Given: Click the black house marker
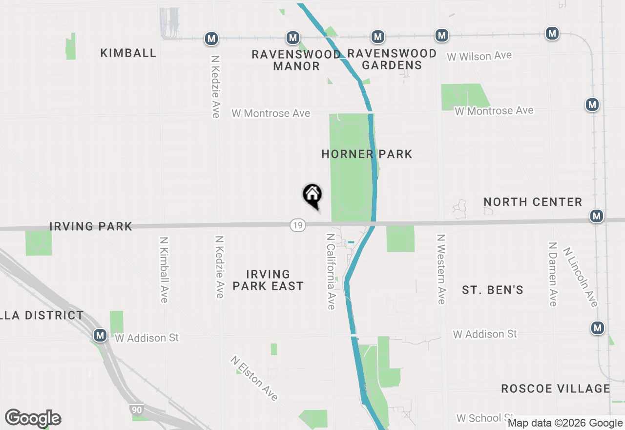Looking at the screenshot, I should pyautogui.click(x=312, y=195).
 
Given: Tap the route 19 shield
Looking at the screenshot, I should pyautogui.click(x=297, y=225).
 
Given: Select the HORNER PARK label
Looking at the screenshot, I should pyautogui.click(x=367, y=154).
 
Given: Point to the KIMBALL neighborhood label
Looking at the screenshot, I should pyautogui.click(x=128, y=53).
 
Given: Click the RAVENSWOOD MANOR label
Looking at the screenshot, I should pyautogui.click(x=296, y=60).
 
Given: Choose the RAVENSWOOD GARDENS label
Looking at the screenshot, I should pyautogui.click(x=392, y=59).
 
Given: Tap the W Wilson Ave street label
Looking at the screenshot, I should pyautogui.click(x=479, y=56).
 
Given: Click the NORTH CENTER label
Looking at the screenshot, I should pyautogui.click(x=533, y=202).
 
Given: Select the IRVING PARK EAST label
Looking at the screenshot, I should pyautogui.click(x=268, y=280).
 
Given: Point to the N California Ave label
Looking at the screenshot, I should pyautogui.click(x=331, y=271).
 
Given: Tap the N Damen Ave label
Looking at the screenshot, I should pyautogui.click(x=553, y=274).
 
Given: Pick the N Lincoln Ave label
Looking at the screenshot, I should pyautogui.click(x=580, y=277).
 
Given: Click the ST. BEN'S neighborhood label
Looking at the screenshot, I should pyautogui.click(x=493, y=290).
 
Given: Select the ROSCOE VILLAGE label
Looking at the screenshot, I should pyautogui.click(x=556, y=389).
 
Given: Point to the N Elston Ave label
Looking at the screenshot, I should pyautogui.click(x=255, y=378).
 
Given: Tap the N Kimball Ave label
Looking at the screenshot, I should pyautogui.click(x=164, y=270).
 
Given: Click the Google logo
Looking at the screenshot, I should pyautogui.click(x=33, y=418).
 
